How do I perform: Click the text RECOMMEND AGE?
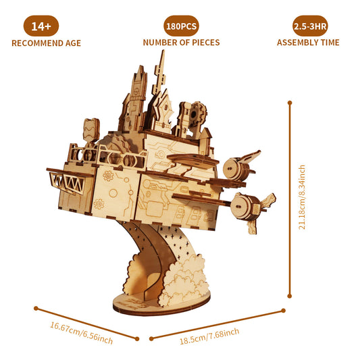click(x=46, y=43)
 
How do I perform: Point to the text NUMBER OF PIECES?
click(x=181, y=43)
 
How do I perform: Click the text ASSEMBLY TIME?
click(x=308, y=43)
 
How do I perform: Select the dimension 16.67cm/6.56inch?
click(x=81, y=330)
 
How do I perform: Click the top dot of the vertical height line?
click(x=290, y=103)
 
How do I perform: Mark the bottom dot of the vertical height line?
click(x=290, y=295)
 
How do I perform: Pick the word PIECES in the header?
click(x=203, y=43)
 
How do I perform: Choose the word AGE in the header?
click(x=72, y=43)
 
